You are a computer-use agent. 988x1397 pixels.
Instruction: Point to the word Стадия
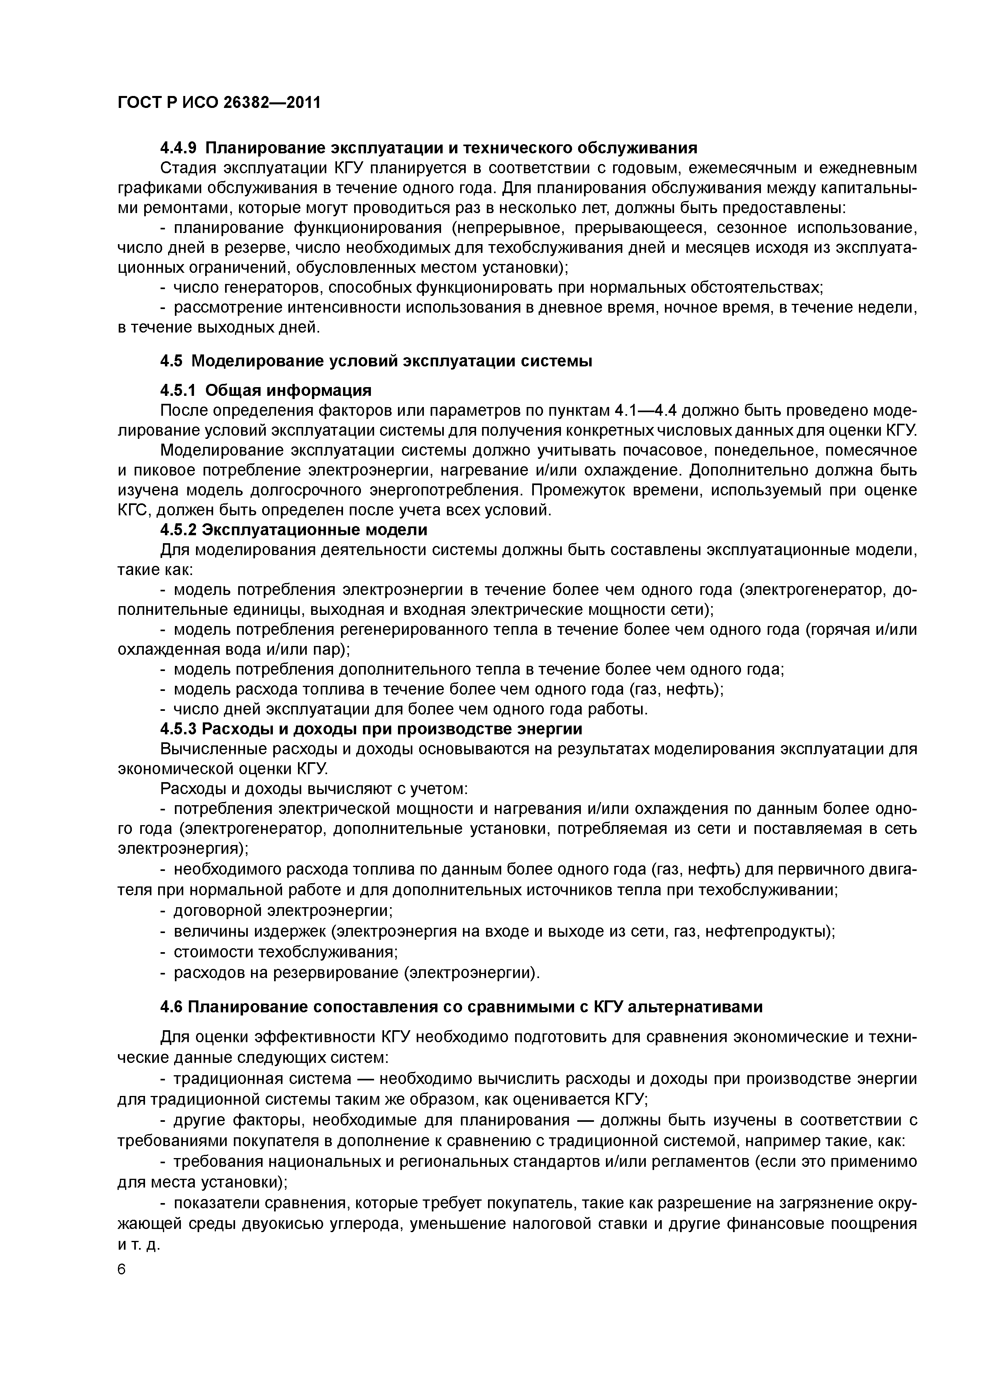point(182,168)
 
